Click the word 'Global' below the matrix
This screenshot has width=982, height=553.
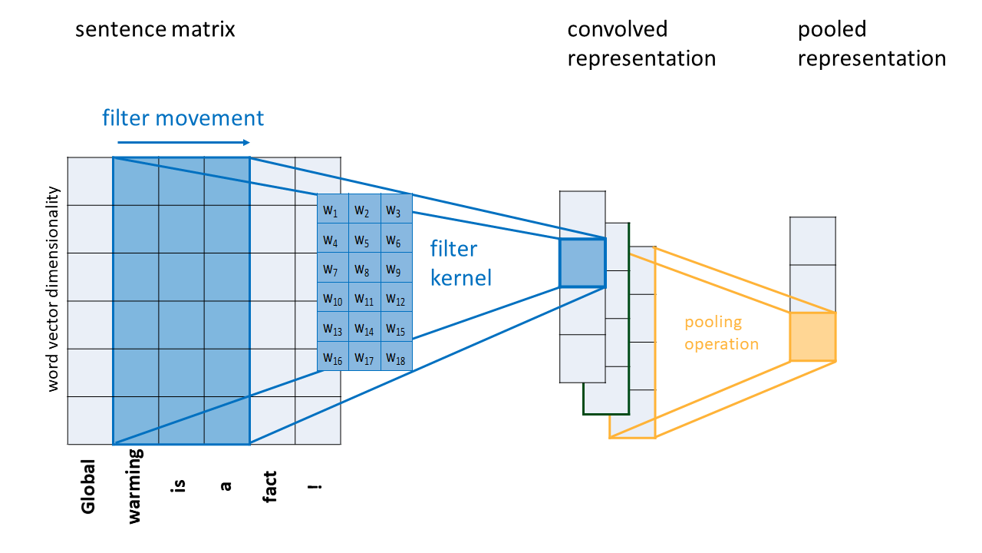click(89, 486)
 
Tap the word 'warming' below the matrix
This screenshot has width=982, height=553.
click(135, 486)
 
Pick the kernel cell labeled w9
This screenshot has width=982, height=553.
click(395, 270)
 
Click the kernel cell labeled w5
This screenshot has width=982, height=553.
click(364, 241)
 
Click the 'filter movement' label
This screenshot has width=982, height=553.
click(183, 118)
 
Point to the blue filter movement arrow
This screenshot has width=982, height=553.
click(183, 142)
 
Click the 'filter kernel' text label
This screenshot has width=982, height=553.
click(460, 263)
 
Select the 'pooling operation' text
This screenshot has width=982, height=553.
click(721, 333)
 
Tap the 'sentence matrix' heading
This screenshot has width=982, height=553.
click(155, 30)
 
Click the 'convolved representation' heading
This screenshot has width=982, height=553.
click(641, 44)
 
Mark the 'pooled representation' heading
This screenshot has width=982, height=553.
click(872, 44)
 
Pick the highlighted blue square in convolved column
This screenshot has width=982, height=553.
click(582, 263)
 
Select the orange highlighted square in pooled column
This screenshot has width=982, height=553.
click(812, 336)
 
